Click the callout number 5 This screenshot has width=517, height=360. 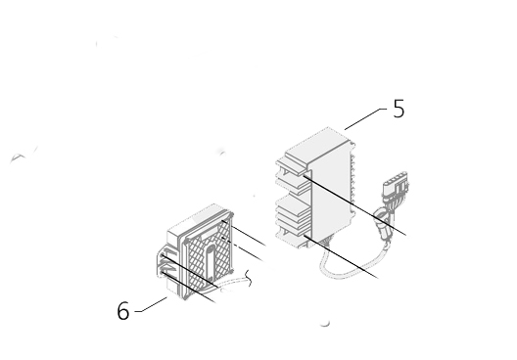click(399, 109)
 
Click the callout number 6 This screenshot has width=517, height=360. click(123, 310)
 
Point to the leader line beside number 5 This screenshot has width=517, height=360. click(365, 118)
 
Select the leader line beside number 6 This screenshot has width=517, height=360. click(151, 304)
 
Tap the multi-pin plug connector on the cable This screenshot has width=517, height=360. click(396, 185)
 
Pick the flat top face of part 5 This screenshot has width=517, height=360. click(318, 144)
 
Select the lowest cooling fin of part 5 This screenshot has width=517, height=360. click(293, 238)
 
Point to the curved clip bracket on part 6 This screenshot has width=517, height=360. click(163, 263)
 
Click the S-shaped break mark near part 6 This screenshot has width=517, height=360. click(250, 279)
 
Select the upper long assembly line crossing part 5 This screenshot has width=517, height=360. click(354, 205)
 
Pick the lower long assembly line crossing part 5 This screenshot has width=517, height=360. click(341, 256)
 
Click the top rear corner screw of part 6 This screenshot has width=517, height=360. click(231, 215)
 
